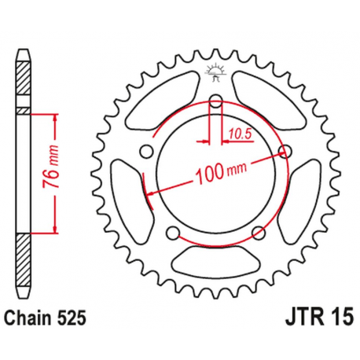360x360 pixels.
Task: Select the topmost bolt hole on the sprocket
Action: [215, 100]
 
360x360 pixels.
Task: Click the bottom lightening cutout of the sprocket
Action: [215, 257]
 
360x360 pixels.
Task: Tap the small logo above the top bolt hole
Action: [215, 73]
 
